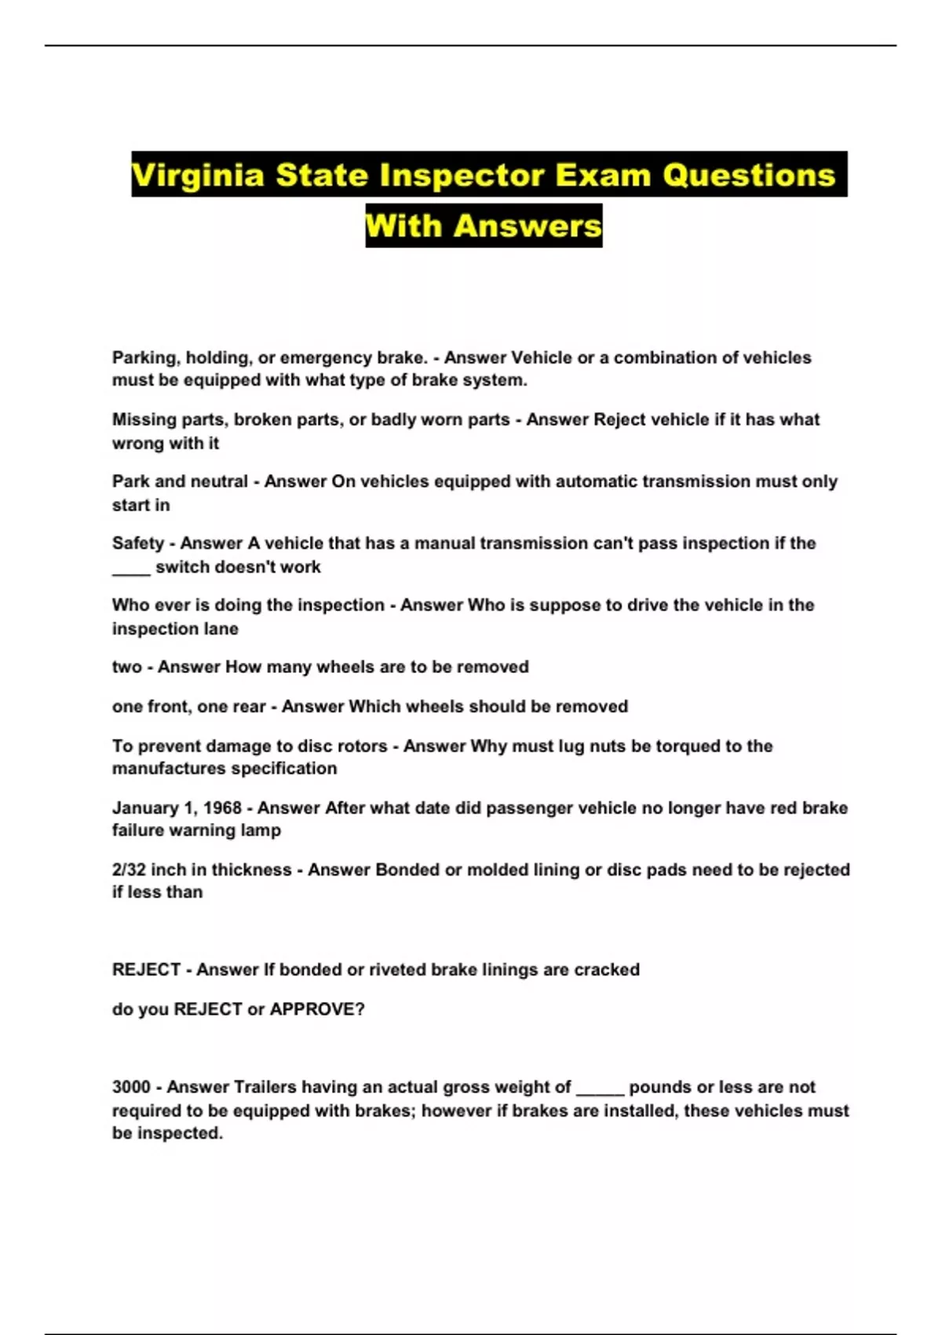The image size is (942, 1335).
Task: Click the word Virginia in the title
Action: [198, 175]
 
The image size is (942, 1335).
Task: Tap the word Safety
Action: [138, 543]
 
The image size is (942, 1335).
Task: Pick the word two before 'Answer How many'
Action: [126, 667]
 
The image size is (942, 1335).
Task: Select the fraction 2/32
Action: [129, 870]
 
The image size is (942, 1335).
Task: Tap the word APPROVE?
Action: [317, 1009]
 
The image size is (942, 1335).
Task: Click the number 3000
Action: [131, 1088]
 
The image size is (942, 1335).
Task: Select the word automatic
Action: [596, 481]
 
